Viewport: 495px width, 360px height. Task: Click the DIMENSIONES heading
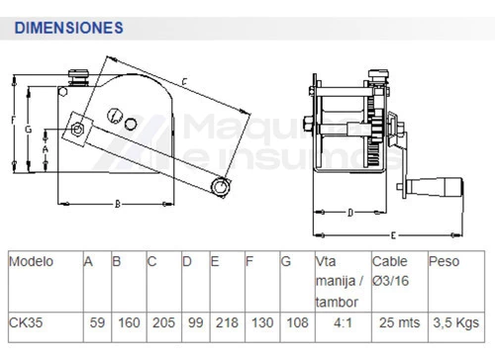coord(69,28)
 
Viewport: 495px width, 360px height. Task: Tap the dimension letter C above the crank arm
coord(184,81)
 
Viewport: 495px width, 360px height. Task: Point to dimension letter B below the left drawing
coord(118,205)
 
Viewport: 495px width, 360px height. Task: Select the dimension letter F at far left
coord(13,120)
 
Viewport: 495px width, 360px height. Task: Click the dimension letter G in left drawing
coord(29,130)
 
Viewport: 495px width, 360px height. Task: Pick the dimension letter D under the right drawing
coord(350,213)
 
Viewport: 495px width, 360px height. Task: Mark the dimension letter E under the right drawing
coord(393,235)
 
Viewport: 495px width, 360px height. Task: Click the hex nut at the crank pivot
coord(77,129)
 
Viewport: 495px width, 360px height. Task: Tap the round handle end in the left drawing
coord(220,187)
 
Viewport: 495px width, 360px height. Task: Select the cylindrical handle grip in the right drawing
coord(436,187)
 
